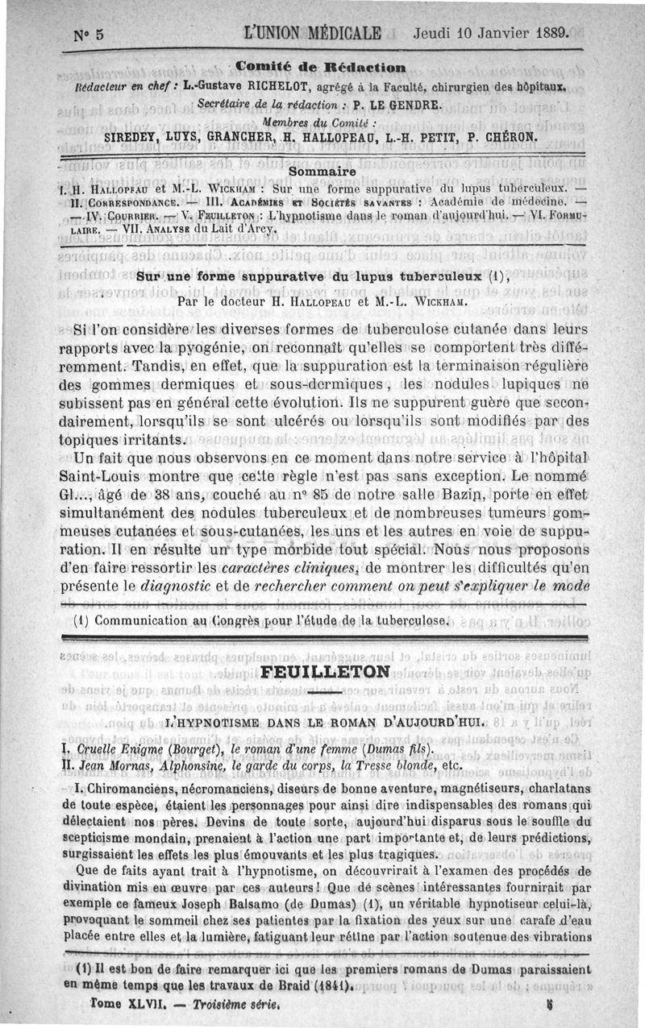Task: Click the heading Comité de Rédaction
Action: pyautogui.click(x=321, y=67)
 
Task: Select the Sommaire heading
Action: pyautogui.click(x=322, y=171)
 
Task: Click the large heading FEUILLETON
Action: pyautogui.click(x=326, y=672)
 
